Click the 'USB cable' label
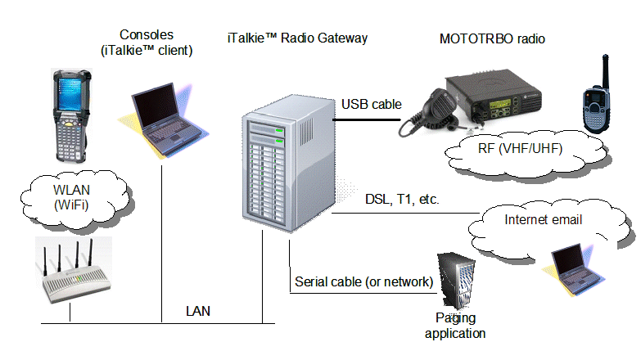(370, 104)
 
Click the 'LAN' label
(197, 311)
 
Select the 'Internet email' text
(543, 219)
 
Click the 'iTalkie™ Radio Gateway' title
(297, 38)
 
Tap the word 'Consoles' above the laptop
(147, 34)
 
